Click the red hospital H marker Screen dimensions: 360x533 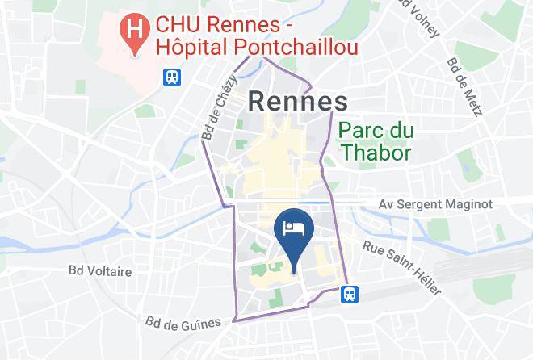tap(133, 30)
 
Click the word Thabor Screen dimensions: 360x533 tap(376, 152)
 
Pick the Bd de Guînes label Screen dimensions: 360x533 tap(183, 323)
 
